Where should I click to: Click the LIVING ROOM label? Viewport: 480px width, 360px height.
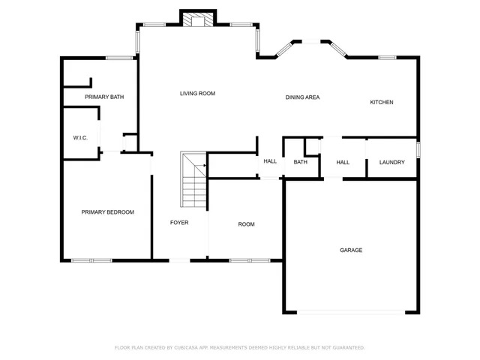click(197, 94)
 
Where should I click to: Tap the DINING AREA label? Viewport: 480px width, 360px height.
click(303, 97)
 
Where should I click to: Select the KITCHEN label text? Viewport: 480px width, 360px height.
click(381, 102)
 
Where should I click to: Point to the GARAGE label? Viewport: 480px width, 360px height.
click(351, 250)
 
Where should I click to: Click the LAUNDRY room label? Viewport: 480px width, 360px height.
click(391, 162)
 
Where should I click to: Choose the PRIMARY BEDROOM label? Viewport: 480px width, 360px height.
click(107, 212)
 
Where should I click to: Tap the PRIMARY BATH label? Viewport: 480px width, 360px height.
click(104, 97)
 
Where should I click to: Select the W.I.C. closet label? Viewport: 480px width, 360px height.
click(80, 138)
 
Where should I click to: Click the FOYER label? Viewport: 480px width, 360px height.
click(178, 223)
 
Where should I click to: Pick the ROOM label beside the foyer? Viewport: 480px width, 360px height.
click(246, 224)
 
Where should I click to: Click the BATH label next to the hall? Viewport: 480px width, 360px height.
click(300, 162)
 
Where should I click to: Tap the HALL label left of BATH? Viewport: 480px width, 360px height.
click(270, 161)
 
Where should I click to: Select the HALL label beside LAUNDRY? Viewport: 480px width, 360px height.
click(343, 162)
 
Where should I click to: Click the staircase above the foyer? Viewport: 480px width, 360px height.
click(194, 180)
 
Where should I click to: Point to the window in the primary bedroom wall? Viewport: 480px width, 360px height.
click(91, 260)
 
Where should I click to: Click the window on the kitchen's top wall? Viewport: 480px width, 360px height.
click(387, 58)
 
